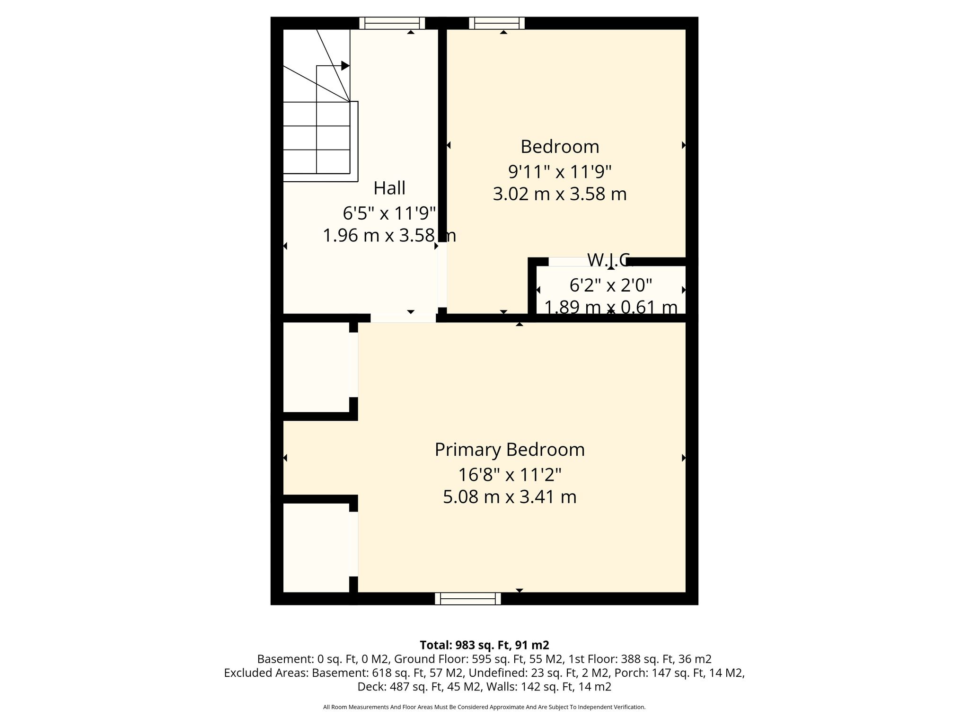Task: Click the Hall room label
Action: pyautogui.click(x=389, y=188)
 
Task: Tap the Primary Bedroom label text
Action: pyautogui.click(x=510, y=450)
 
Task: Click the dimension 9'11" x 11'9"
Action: pyautogui.click(x=560, y=171)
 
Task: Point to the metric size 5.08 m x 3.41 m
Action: pyautogui.click(x=510, y=497)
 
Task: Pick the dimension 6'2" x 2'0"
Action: pyautogui.click(x=611, y=285)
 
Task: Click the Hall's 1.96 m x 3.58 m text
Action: pyautogui.click(x=389, y=235)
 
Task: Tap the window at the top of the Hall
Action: pyautogui.click(x=392, y=23)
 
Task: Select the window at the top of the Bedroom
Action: pyautogui.click(x=497, y=23)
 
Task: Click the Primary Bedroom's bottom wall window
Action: pyautogui.click(x=468, y=599)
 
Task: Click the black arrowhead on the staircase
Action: pyautogui.click(x=345, y=66)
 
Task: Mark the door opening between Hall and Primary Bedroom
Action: pyautogui.click(x=403, y=318)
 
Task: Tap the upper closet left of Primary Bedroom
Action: pyautogui.click(x=316, y=367)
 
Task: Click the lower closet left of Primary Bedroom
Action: pyautogui.click(x=316, y=548)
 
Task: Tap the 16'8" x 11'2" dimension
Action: pyautogui.click(x=510, y=474)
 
